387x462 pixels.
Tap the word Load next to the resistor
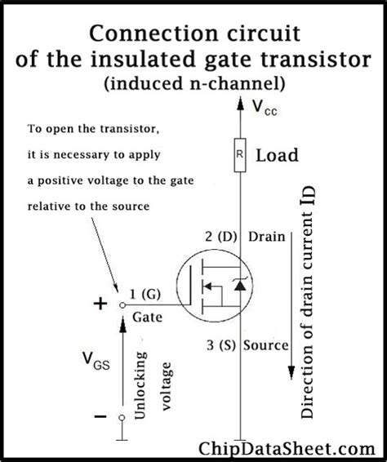pyautogui.click(x=277, y=155)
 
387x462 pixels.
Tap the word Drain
pyautogui.click(x=267, y=238)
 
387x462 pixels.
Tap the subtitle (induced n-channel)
pyautogui.click(x=193, y=83)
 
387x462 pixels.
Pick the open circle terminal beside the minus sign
pyautogui.click(x=121, y=418)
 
